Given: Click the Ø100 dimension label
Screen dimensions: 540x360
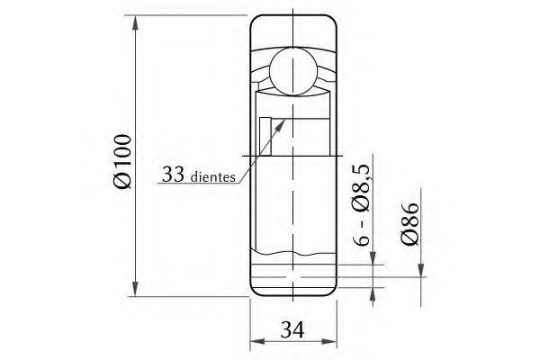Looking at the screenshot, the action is pos(122,161).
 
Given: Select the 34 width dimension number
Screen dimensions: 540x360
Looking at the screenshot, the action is pos(292,329).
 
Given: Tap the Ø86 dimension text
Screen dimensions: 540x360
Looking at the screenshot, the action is pos(409,224).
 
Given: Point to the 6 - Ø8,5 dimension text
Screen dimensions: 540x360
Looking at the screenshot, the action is pos(361,205).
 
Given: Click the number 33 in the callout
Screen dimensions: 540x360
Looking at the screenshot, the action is pos(173,174).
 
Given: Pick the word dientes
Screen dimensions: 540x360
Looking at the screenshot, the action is pos(212,176).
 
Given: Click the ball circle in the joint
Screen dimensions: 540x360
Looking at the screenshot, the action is pos(292,71).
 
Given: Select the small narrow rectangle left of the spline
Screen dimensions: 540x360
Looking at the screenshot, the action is pos(265,137).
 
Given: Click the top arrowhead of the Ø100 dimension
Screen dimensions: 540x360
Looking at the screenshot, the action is pos(135,23).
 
